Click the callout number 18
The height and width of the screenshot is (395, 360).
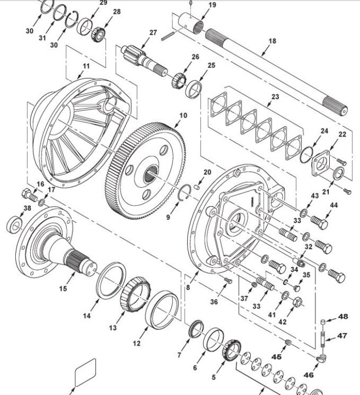point(272,41)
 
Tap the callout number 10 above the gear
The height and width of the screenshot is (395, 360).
point(183,115)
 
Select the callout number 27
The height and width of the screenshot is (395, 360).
point(153,32)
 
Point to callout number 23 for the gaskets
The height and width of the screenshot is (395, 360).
point(275,97)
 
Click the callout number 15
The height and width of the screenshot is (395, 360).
point(63,289)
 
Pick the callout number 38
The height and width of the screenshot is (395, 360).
point(27,208)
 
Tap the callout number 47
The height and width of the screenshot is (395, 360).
point(342,336)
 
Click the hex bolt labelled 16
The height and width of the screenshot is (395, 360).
point(30,195)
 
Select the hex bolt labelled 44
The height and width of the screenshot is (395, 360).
point(319,222)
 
